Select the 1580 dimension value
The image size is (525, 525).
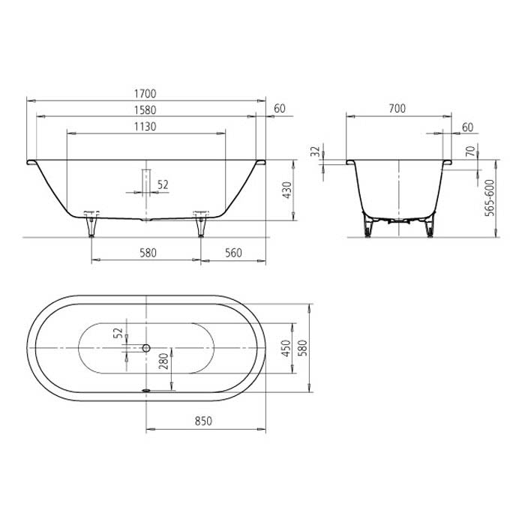[146, 110]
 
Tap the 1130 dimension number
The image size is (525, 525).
[146, 127]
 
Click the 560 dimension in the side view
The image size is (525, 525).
[233, 253]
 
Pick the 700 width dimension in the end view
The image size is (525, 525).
[397, 109]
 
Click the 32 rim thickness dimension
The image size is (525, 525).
[315, 152]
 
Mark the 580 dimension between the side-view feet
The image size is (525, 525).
[148, 253]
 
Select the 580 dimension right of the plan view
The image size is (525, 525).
[302, 349]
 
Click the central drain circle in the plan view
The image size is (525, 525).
[146, 349]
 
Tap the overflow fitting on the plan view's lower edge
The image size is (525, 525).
[146, 390]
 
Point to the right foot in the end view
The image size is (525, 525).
[428, 228]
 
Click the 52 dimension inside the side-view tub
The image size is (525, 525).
[163, 184]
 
